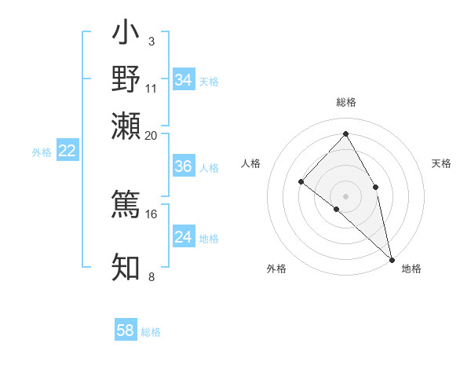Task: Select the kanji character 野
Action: (126, 79)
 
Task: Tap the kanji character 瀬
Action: (126, 124)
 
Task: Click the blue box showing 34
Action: (183, 80)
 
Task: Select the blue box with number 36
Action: (183, 166)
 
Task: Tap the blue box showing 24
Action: (183, 237)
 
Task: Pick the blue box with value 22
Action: (67, 151)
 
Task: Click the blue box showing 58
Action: (126, 331)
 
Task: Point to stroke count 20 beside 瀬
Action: (151, 135)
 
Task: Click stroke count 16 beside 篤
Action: (151, 214)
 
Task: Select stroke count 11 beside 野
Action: (152, 88)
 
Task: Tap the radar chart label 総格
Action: (346, 102)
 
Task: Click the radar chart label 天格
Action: (441, 163)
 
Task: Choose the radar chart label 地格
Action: (411, 269)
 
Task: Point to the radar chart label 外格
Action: (276, 269)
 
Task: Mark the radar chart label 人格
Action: (251, 163)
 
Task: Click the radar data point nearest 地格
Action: (392, 259)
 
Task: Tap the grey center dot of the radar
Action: (346, 195)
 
